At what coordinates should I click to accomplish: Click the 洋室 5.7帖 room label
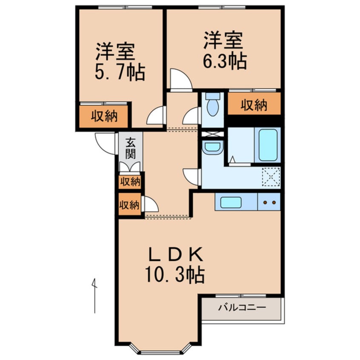[119, 62]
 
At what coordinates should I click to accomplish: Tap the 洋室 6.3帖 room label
[224, 51]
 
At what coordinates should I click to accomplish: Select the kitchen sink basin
[231, 202]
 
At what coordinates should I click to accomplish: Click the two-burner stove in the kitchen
[269, 202]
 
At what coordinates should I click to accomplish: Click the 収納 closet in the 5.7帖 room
[103, 116]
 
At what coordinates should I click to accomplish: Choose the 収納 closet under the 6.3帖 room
[254, 105]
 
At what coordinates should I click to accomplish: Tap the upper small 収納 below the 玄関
[129, 182]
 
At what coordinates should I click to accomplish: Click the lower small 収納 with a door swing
[129, 205]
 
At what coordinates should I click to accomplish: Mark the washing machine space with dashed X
[271, 176]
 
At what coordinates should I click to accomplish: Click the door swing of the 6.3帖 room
[180, 80]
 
